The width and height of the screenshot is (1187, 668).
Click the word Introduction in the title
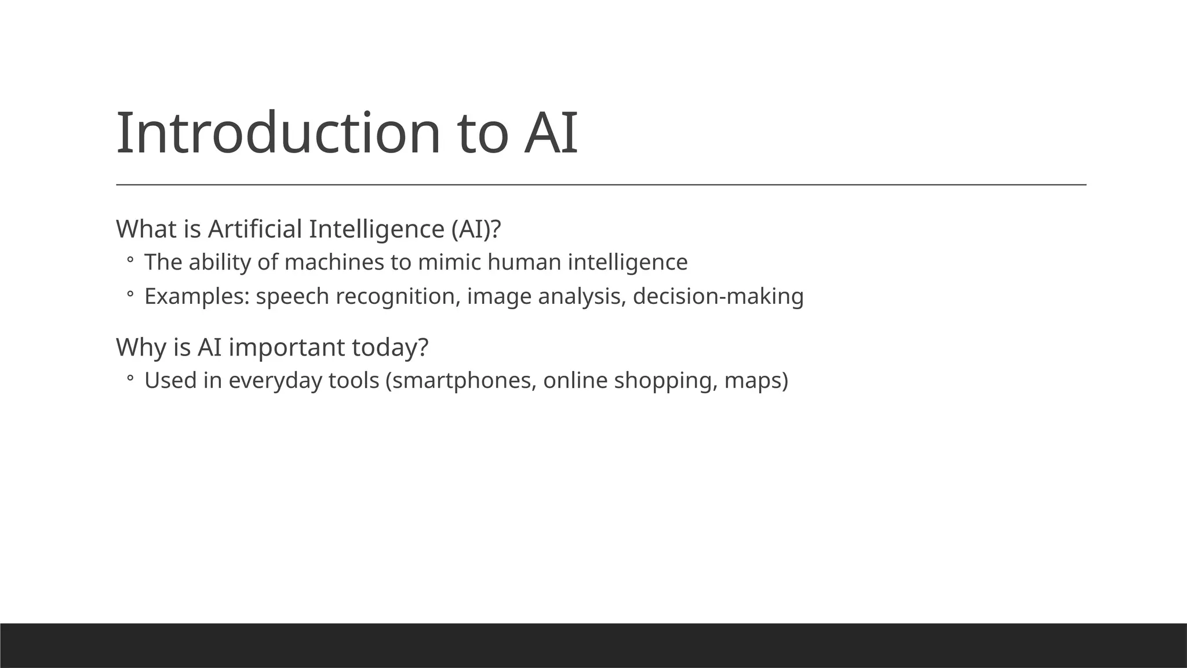tap(279, 133)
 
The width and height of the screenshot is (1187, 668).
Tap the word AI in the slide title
tap(551, 133)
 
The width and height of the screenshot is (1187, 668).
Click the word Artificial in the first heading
tap(255, 229)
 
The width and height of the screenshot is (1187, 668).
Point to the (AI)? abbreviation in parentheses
tap(476, 229)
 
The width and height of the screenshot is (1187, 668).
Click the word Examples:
tap(197, 296)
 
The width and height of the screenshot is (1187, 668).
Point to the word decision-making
tap(718, 296)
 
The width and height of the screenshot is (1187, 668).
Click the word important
tap(287, 347)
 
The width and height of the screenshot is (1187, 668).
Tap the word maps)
tap(756, 381)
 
